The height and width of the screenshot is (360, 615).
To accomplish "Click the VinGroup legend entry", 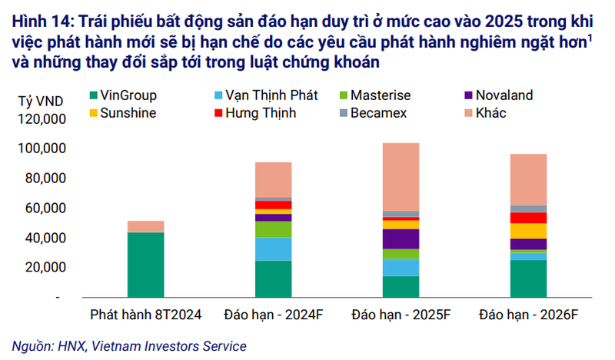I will click(129, 96).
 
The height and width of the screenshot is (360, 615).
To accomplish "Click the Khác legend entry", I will click(490, 113).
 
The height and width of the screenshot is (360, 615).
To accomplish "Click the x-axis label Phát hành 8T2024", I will click(145, 315).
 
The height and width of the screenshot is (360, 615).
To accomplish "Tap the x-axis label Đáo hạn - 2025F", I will click(400, 315).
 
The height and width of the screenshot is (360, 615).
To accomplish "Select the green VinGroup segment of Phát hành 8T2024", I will click(146, 264).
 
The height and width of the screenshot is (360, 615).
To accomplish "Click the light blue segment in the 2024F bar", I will click(273, 249).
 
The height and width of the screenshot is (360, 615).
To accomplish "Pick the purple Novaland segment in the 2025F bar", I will click(401, 238).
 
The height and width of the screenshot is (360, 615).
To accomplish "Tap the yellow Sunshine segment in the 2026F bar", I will click(527, 231).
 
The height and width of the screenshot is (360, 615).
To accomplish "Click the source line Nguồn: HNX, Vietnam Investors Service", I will click(129, 346).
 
